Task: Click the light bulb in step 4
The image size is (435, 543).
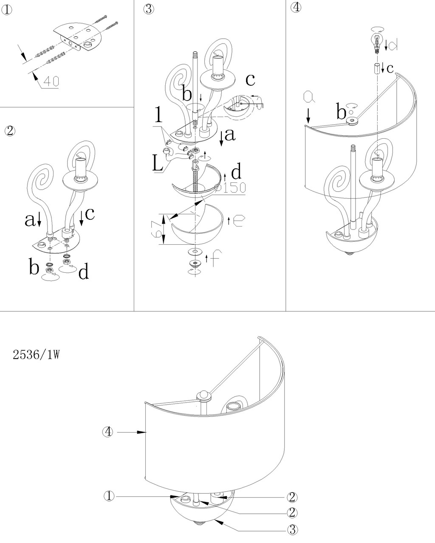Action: click(x=376, y=42)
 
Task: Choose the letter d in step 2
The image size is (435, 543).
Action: click(x=84, y=271)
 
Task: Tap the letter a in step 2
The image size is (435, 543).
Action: click(x=29, y=219)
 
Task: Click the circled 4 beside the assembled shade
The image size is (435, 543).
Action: click(x=108, y=432)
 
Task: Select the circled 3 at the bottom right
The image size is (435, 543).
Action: click(x=292, y=529)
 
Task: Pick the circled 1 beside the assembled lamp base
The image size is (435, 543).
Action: click(x=110, y=496)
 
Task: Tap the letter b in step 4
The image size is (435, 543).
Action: click(x=341, y=113)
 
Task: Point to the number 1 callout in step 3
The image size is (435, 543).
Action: click(x=158, y=115)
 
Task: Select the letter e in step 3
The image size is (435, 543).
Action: click(x=238, y=221)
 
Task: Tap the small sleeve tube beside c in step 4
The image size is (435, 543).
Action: click(x=376, y=68)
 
